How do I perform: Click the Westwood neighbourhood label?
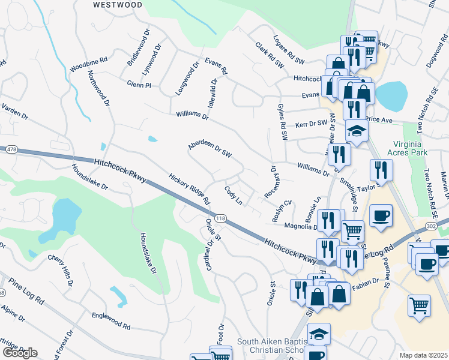[x=118, y=5]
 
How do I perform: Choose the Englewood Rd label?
[x=111, y=320]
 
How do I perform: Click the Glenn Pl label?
[x=139, y=85]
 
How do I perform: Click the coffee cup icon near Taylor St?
[x=381, y=215]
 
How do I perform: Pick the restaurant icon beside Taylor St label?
[x=381, y=170]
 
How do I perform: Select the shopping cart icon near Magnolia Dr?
[x=352, y=230]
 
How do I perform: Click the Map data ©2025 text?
[x=424, y=355]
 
